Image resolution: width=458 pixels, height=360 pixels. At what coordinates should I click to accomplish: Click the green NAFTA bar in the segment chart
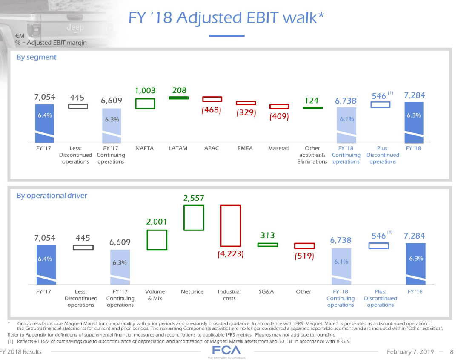145,104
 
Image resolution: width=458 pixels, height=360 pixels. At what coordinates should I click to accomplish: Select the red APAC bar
212,99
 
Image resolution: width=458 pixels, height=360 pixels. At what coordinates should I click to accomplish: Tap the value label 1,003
145,91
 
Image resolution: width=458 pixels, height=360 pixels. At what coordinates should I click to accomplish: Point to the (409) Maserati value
279,116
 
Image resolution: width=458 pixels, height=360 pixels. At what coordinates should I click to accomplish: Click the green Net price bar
194,218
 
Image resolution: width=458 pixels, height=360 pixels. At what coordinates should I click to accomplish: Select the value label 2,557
194,198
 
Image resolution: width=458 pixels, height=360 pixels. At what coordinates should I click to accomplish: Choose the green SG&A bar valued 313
267,245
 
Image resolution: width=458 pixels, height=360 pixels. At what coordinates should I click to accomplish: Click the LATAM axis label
178,148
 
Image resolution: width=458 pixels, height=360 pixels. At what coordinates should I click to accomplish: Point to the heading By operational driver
52,196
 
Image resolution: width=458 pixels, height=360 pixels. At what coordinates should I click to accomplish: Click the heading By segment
36,57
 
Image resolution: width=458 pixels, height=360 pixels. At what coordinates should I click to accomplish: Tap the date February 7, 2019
410,351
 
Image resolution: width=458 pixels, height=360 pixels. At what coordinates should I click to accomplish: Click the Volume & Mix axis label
155,295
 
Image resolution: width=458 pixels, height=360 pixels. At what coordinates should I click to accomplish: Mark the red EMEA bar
246,103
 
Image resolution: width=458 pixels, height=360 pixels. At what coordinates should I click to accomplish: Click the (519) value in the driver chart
304,256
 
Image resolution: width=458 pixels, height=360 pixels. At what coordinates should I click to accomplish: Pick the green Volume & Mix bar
157,240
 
